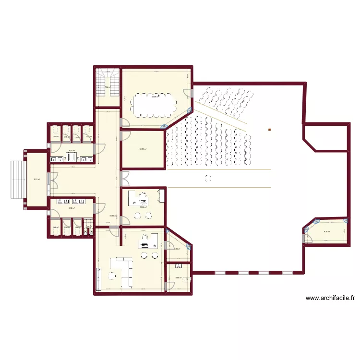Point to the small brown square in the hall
tap(270, 130)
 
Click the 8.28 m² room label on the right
tap(326, 232)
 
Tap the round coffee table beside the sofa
tap(112, 276)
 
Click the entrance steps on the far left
tap(16, 179)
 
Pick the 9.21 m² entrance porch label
tap(36, 180)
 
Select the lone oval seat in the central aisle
tap(207, 179)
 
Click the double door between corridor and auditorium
tap(125, 179)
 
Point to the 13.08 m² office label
tap(143, 207)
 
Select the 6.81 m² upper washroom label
tap(72, 151)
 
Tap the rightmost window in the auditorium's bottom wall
tap(287, 273)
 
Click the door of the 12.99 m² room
tap(123, 136)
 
